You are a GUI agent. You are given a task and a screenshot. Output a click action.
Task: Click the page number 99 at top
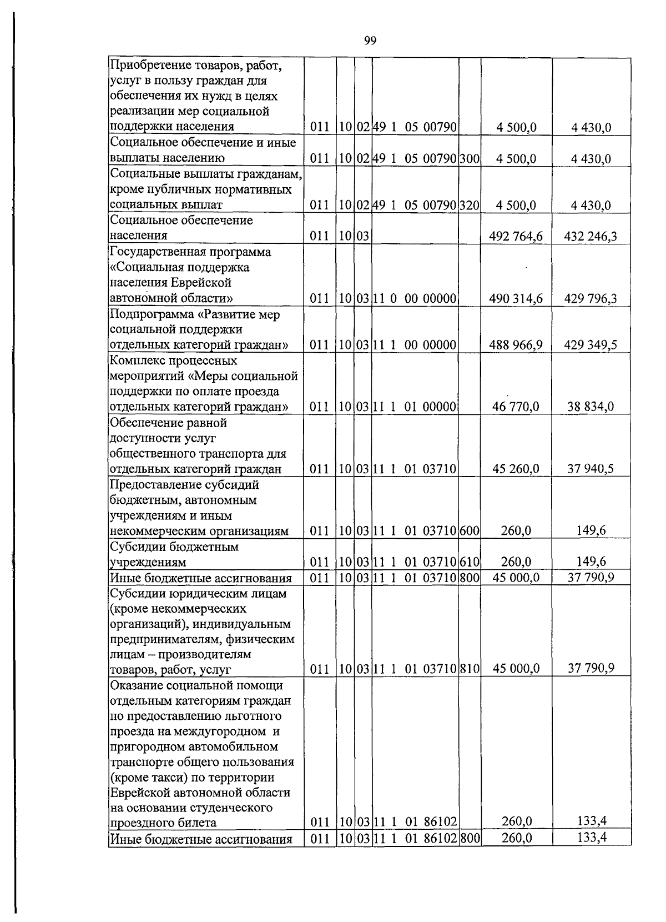[371, 40]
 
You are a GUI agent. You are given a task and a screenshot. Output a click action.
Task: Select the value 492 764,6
[516, 237]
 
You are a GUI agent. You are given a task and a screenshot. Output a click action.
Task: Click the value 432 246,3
[591, 237]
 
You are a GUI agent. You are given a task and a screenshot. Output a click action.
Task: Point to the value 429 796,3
[591, 299]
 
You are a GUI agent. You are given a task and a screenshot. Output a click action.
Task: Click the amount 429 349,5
[591, 345]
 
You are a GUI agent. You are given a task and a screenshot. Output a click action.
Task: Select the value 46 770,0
[516, 407]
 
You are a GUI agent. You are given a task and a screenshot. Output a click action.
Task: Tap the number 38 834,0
[591, 407]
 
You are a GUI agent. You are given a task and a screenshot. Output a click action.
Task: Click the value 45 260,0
[516, 469]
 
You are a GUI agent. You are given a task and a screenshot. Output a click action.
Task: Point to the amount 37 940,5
[591, 469]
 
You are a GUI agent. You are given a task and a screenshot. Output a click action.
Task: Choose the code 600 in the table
[470, 531]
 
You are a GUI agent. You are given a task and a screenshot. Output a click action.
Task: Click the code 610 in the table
[470, 563]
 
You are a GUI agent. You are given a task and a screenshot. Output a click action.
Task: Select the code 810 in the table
[470, 669]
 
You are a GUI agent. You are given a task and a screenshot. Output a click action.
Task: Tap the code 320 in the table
[470, 206]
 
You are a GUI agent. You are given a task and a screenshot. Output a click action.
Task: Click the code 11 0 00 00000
[415, 299]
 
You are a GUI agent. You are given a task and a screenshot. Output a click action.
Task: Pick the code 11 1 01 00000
[415, 407]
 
